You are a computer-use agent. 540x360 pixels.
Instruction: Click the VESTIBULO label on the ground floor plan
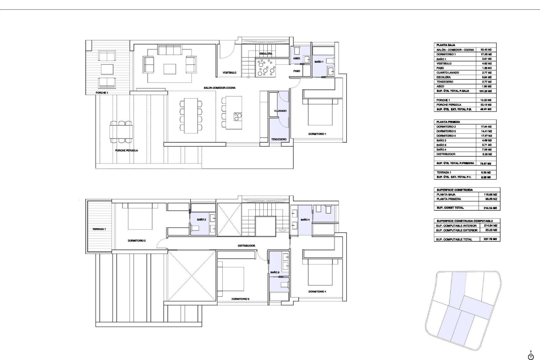tap(229, 73)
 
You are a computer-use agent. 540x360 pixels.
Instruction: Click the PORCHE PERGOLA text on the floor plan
tap(127, 150)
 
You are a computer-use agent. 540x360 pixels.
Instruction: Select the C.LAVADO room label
tap(280, 111)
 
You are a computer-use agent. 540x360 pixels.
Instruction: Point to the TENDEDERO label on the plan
tap(279, 139)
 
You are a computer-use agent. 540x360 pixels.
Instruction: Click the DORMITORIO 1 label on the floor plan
tap(317, 134)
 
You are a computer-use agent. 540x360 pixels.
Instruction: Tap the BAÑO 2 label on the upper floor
tap(202, 220)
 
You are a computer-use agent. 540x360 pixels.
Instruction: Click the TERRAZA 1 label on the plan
tap(99, 229)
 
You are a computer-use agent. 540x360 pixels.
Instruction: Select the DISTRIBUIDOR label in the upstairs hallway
tap(246, 246)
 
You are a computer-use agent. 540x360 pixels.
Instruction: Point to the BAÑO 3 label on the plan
tap(275, 273)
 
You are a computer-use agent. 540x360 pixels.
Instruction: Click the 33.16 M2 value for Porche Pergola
tap(486, 105)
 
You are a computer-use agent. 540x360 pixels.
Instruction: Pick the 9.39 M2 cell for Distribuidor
tap(486, 154)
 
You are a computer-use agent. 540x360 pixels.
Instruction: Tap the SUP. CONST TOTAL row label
tap(450, 208)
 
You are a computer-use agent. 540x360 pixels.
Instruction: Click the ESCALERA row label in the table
tap(444, 77)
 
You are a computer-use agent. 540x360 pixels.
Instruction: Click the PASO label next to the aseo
tap(296, 71)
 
